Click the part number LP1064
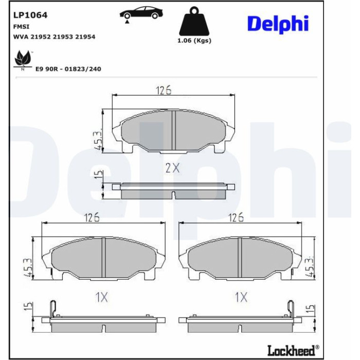click(30, 15)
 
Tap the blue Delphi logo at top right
click(278, 24)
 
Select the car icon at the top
click(141, 13)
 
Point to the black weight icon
click(194, 21)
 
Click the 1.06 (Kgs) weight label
click(194, 41)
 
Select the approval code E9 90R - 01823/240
click(68, 69)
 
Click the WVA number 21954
click(85, 37)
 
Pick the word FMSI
click(22, 27)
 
